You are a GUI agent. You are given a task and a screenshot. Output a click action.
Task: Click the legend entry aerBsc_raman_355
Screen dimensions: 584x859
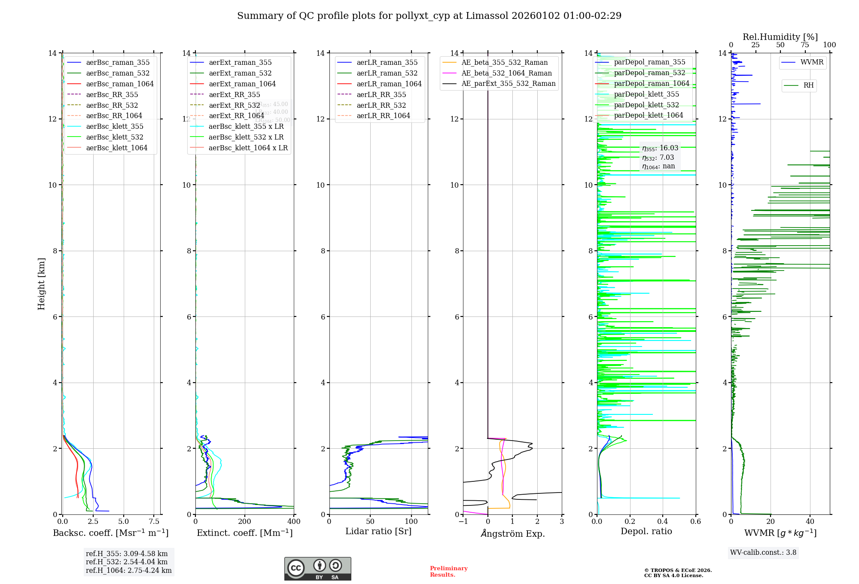118,63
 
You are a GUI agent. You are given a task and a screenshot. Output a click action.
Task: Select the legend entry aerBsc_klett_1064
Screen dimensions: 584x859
116,148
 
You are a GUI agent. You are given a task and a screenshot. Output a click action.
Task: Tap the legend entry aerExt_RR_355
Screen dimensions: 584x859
234,94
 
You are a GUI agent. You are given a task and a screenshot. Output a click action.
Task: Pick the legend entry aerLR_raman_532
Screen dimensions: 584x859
387,73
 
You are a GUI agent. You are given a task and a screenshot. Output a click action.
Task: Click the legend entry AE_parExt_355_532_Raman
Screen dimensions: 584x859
508,84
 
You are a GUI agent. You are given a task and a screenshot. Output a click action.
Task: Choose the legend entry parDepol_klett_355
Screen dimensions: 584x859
646,94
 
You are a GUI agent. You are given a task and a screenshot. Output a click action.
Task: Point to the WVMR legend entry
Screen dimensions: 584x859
811,62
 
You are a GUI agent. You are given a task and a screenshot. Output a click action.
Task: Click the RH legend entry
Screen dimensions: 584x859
808,85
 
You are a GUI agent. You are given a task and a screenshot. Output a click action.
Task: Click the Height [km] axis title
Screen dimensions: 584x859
41,283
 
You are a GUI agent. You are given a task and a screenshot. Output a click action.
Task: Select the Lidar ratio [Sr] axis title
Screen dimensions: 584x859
378,532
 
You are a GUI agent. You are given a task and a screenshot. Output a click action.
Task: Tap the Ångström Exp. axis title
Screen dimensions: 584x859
512,533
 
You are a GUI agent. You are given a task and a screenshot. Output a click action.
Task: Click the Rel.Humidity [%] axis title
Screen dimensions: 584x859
780,37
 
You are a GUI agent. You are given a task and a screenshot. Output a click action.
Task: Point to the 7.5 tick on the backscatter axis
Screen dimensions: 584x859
154,522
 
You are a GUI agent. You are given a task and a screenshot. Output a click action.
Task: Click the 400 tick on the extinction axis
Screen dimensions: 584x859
294,522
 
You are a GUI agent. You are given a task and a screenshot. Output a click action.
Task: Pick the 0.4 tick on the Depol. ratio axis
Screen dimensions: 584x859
663,522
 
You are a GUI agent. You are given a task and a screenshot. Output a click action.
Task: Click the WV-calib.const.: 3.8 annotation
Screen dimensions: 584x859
763,553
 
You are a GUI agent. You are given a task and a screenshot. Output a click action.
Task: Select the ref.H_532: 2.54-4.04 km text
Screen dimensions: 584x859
127,562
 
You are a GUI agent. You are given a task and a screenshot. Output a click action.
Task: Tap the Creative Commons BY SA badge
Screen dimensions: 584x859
317,569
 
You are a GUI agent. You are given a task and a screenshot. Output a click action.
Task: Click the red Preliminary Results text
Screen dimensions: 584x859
448,572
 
